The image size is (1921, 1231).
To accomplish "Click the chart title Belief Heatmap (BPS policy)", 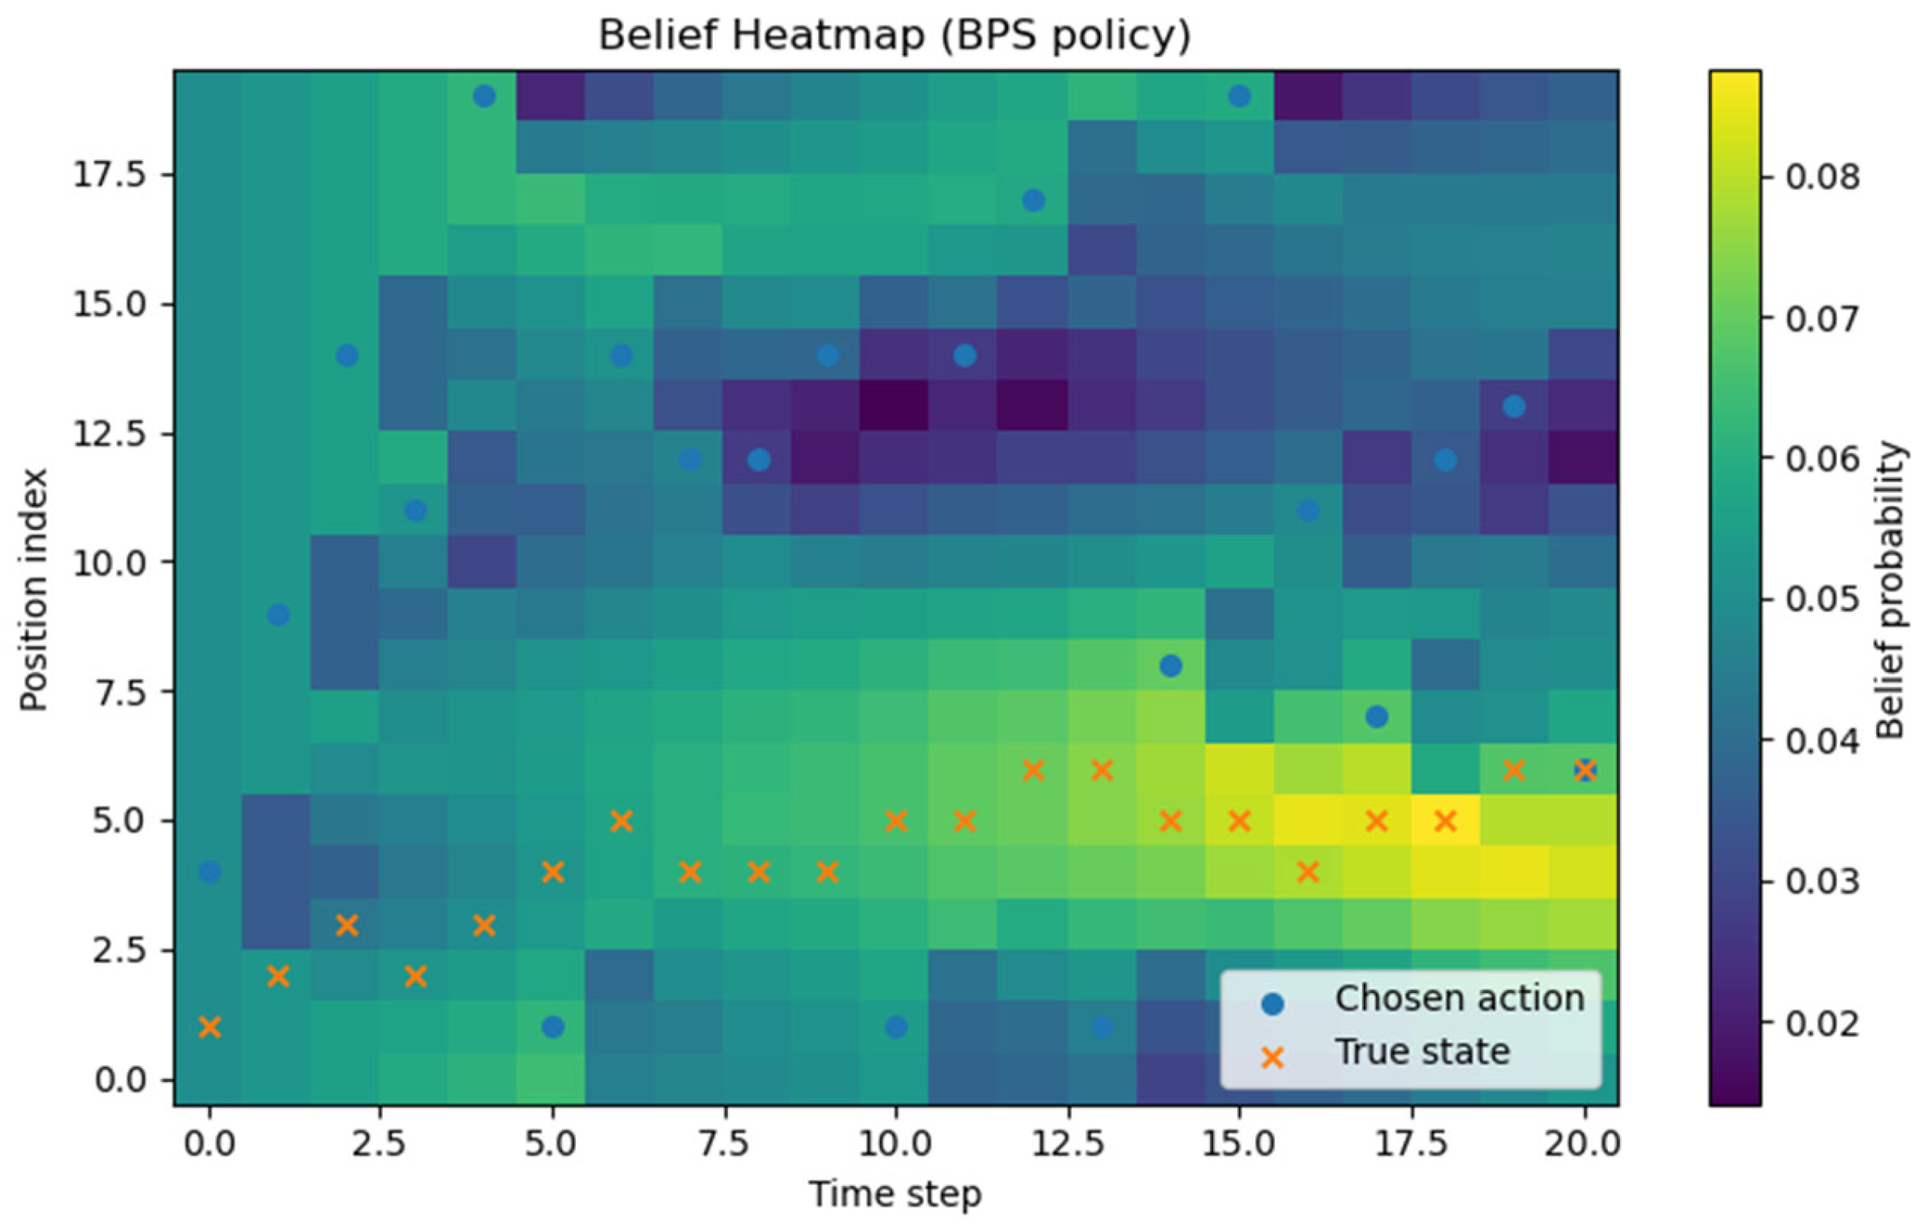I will point(894,36).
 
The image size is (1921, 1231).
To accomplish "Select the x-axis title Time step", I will point(894,1194).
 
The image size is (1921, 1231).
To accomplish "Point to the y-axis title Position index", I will point(34,589).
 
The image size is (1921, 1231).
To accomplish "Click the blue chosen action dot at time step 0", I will point(210,871).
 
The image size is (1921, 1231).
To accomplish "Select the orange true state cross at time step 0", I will point(210,1027).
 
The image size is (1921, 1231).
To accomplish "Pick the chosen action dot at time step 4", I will point(484,97).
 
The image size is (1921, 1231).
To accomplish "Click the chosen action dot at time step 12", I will point(1033,200).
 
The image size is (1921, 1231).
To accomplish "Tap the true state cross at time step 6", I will point(621,821).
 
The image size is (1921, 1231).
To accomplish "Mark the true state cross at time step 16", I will point(1308,871).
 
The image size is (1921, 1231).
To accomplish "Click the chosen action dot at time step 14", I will point(1171,666).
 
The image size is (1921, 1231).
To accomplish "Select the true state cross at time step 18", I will point(1445,821).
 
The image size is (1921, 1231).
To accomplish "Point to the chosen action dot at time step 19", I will point(1513,407).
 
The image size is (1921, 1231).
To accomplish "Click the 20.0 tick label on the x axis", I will point(1582,1144).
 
